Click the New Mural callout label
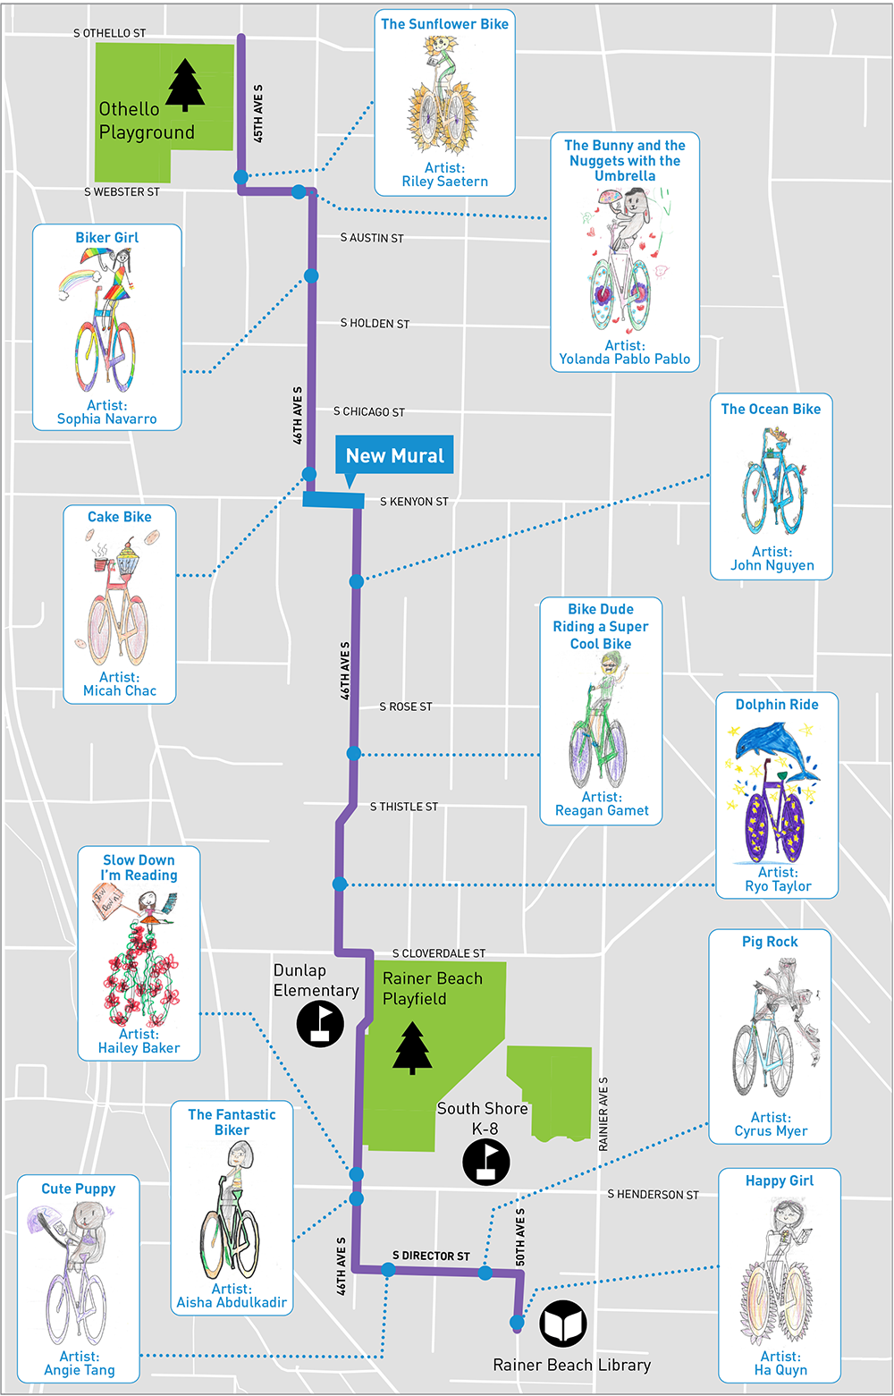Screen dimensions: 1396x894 point(394,455)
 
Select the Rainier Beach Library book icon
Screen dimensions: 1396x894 point(563,1324)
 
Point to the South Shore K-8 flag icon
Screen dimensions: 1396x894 point(486,1162)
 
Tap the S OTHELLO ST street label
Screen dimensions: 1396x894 point(109,33)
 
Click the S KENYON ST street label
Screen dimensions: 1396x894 point(414,502)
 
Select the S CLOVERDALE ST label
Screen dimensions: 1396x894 point(439,953)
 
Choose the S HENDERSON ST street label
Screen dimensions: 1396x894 point(653,1195)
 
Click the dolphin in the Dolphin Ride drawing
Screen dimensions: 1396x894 point(770,743)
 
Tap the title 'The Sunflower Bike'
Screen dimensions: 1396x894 point(444,24)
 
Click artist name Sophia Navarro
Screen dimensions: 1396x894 point(106,419)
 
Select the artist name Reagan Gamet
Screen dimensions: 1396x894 point(602,810)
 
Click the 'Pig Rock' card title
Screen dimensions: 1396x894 point(770,942)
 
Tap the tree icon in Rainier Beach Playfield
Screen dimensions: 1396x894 point(411,1047)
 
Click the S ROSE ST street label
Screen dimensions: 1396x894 point(405,706)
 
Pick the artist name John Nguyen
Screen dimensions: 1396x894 point(772,565)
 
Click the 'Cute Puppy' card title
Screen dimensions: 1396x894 point(79,1189)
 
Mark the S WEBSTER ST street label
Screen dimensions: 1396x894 point(122,191)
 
